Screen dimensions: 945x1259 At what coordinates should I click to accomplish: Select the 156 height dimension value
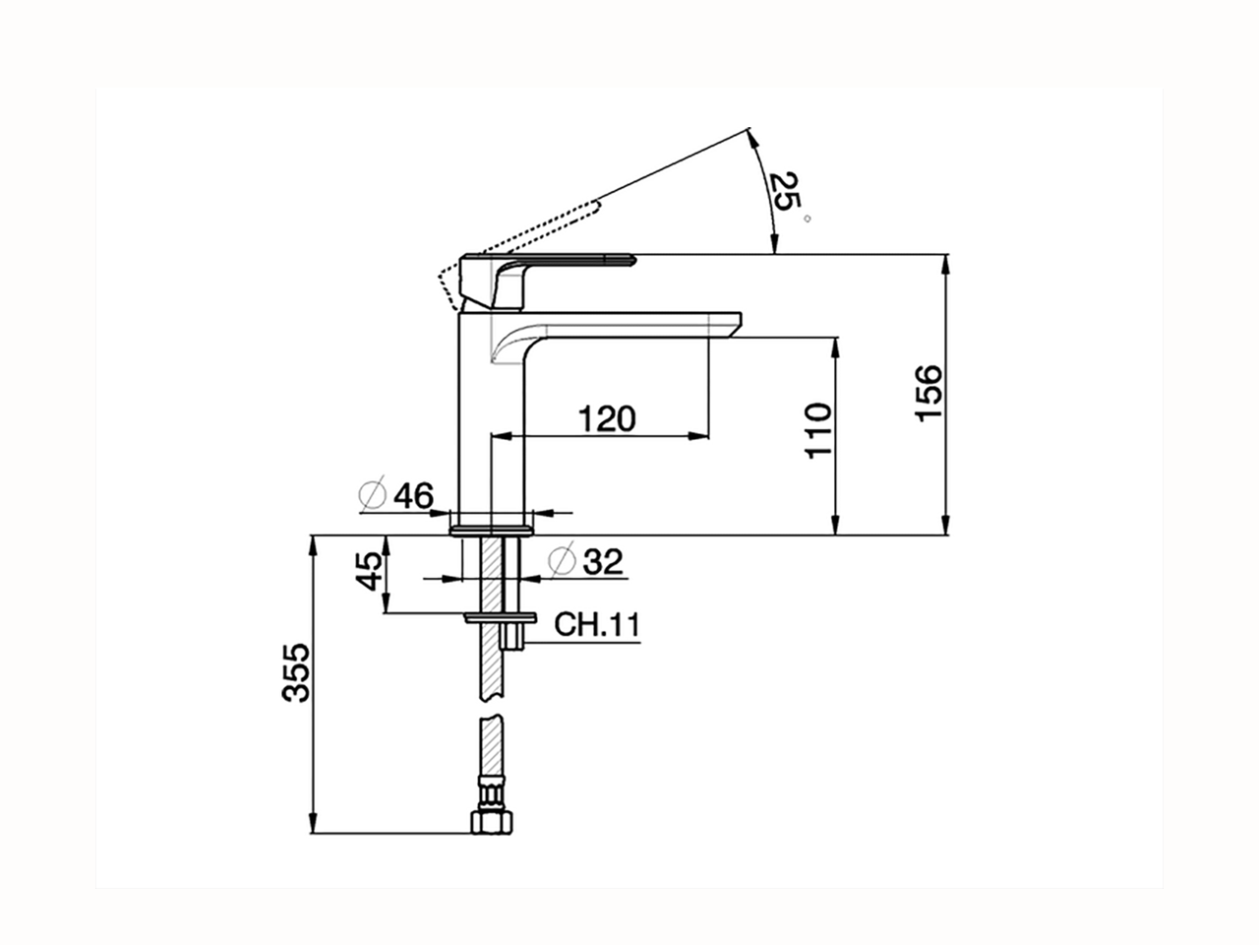(929, 394)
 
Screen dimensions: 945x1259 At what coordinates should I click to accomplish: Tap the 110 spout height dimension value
(818, 429)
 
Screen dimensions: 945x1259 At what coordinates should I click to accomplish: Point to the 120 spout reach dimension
(606, 418)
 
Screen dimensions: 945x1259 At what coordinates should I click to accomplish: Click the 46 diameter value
(412, 497)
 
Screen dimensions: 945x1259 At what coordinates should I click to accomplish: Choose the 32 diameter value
(603, 562)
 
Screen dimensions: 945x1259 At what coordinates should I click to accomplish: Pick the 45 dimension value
(368, 571)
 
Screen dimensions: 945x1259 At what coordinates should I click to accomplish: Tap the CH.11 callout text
(597, 624)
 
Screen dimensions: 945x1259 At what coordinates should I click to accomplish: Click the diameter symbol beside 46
(374, 496)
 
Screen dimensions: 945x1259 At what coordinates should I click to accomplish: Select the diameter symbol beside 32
(562, 561)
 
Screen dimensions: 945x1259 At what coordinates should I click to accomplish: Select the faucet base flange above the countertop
(492, 530)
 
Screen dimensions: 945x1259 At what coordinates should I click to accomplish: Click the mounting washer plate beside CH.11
(501, 617)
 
